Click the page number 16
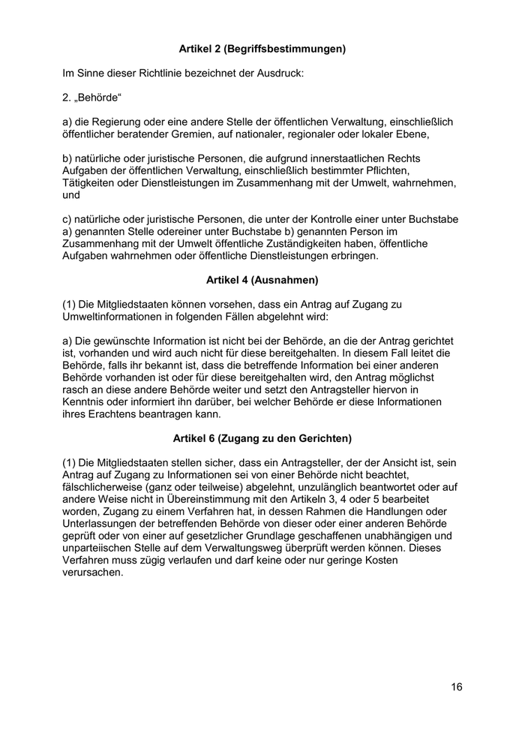pyautogui.click(x=457, y=687)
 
